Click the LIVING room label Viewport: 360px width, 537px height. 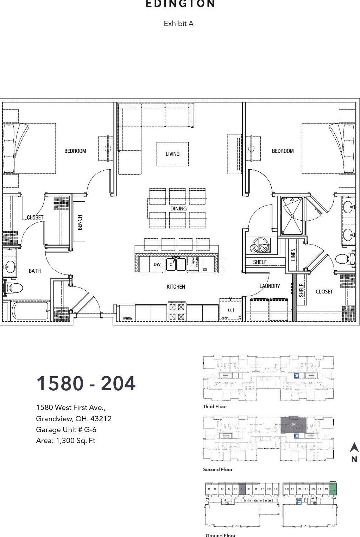(x=172, y=154)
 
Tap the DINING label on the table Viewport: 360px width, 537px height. (x=178, y=209)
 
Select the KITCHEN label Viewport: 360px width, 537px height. (x=176, y=287)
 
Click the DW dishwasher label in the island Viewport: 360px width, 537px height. (x=157, y=264)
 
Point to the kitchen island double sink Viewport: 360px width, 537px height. (x=176, y=264)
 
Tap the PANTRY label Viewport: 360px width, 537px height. (x=128, y=318)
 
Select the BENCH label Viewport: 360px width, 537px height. (x=80, y=222)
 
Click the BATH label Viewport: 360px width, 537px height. (x=35, y=271)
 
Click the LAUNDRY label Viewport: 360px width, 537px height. (x=270, y=286)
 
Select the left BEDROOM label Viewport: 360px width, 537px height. (x=75, y=151)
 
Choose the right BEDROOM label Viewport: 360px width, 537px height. (x=283, y=151)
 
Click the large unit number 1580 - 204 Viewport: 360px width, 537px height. (x=86, y=384)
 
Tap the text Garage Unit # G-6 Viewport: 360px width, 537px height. (x=66, y=430)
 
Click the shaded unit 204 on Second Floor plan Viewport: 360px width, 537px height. (x=293, y=425)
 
